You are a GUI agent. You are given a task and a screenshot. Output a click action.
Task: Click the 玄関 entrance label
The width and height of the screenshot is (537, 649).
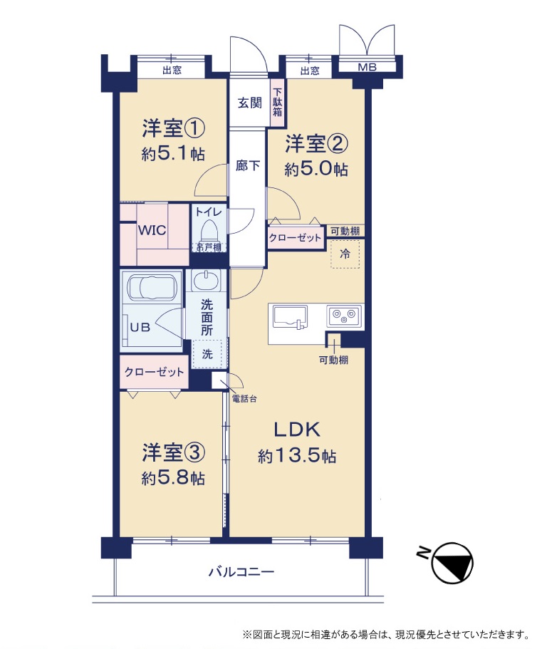tap(249, 103)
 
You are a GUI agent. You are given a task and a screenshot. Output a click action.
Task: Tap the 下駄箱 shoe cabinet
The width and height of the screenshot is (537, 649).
tap(277, 103)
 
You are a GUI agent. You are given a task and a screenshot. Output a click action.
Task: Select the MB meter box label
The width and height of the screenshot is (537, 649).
tap(367, 67)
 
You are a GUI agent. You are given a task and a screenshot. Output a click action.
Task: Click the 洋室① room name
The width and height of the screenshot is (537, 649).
tap(173, 128)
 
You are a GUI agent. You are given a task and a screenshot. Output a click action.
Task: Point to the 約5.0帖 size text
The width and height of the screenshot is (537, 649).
tap(316, 170)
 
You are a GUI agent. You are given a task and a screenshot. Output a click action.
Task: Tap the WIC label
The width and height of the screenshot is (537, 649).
tap(152, 229)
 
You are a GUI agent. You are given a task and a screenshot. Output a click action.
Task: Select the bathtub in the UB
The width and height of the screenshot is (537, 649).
tap(152, 287)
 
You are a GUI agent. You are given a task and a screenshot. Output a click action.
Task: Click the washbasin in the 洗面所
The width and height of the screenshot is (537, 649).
tap(206, 280)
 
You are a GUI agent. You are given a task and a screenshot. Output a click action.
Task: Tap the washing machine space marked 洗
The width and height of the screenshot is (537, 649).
tap(207, 353)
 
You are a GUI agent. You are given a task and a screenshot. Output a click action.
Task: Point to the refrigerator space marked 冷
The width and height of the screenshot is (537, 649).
tap(345, 254)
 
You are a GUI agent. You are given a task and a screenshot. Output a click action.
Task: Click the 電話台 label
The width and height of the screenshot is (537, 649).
tap(244, 398)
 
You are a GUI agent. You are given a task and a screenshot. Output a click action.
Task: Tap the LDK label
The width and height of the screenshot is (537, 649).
tap(297, 430)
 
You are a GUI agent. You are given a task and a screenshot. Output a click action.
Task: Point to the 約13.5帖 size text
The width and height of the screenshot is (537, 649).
tap(297, 456)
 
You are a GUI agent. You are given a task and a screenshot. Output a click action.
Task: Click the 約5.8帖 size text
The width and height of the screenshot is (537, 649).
tap(173, 479)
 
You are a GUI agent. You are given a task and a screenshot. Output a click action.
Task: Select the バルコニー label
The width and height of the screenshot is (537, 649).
tap(241, 572)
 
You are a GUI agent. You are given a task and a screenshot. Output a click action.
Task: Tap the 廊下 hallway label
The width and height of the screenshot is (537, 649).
tap(248, 165)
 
